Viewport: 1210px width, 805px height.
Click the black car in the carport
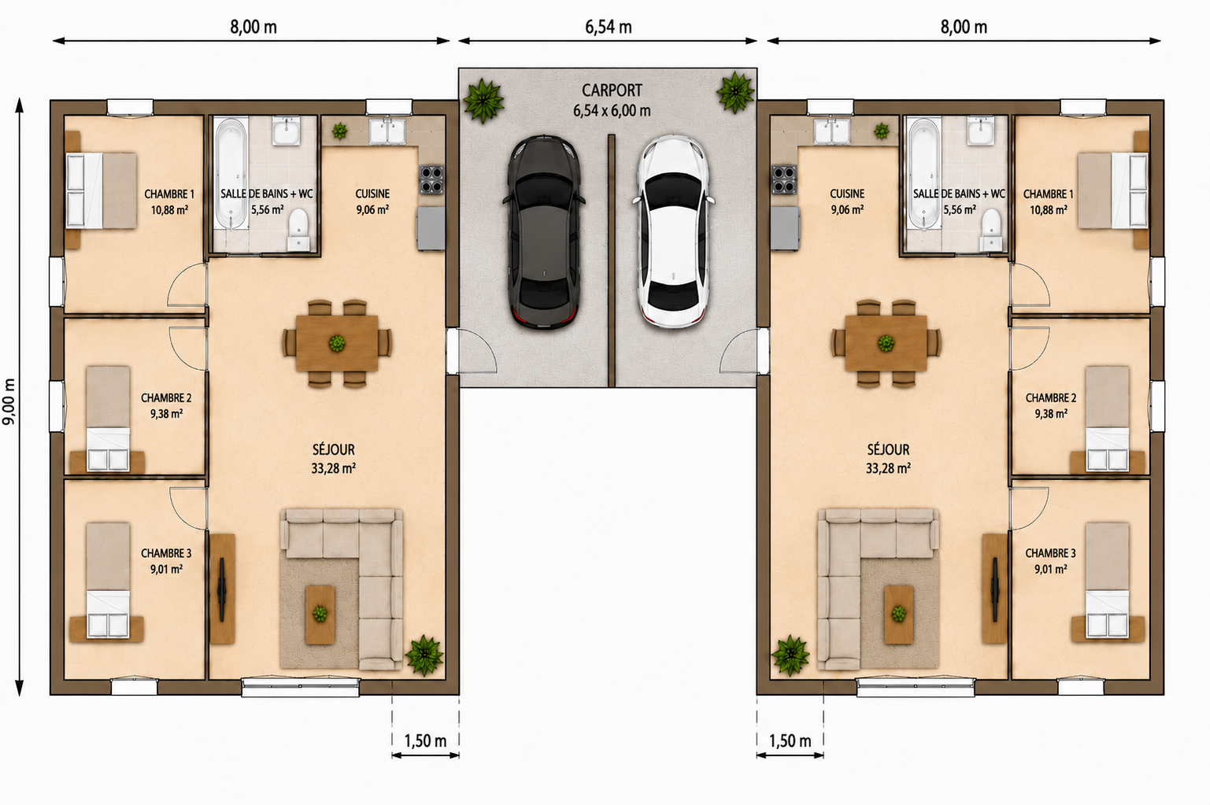pyautogui.click(x=543, y=232)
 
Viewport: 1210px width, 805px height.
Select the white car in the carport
pyautogui.click(x=674, y=232)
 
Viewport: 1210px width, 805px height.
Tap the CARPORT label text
pyautogui.click(x=612, y=90)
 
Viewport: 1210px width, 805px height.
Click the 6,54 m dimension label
pyautogui.click(x=609, y=27)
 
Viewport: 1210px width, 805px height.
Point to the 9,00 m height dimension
pyautogui.click(x=9, y=401)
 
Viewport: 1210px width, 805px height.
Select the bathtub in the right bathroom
pyautogui.click(x=924, y=174)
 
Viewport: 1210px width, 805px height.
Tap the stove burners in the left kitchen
pyautogui.click(x=431, y=179)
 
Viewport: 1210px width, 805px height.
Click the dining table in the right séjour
pyautogui.click(x=886, y=343)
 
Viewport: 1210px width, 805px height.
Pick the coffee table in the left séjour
pyautogui.click(x=320, y=615)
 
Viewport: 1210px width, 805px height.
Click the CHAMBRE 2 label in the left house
pyautogui.click(x=166, y=398)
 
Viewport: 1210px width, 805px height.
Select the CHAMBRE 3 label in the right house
pyautogui.click(x=1050, y=553)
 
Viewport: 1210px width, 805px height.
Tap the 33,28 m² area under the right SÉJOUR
pyautogui.click(x=888, y=468)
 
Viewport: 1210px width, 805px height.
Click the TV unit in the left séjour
pyautogui.click(x=222, y=589)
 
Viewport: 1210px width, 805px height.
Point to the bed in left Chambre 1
pyautogui.click(x=102, y=190)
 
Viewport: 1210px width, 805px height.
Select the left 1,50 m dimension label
pyautogui.click(x=425, y=740)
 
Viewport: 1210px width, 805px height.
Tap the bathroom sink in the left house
pyautogui.click(x=286, y=131)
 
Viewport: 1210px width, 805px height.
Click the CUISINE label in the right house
pyautogui.click(x=847, y=194)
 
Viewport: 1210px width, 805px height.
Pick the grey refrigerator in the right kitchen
pyautogui.click(x=785, y=228)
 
